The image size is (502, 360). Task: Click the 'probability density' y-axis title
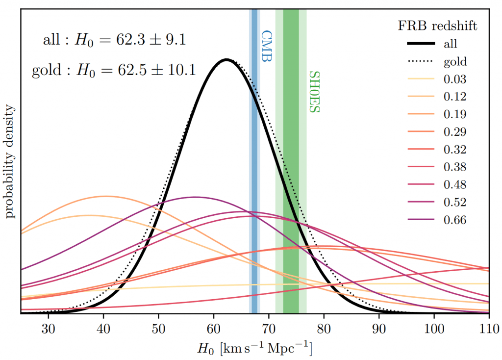(9, 161)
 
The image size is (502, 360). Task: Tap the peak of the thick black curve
(226, 60)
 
